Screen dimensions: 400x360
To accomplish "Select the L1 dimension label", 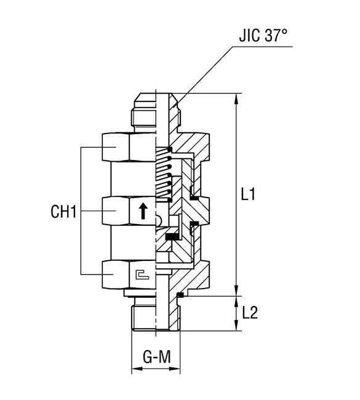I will [248, 195].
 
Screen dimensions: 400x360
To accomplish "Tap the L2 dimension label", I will [249, 313].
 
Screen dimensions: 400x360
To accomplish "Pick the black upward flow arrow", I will [143, 212].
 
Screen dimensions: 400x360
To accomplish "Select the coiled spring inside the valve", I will [162, 175].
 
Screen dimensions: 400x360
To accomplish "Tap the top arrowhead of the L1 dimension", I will [236, 98].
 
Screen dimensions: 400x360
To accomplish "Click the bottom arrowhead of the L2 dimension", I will [236, 327].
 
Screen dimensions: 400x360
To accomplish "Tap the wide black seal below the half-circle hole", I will [172, 236].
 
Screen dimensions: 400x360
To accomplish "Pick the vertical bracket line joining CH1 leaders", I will [82, 212].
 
